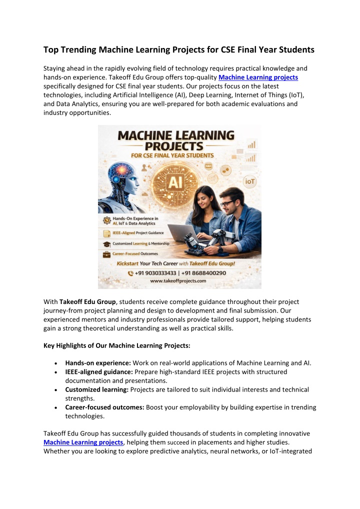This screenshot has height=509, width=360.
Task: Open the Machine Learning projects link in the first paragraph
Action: (x=258, y=77)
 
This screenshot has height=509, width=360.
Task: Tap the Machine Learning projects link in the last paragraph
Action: (x=83, y=442)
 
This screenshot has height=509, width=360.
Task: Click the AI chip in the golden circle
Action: (x=174, y=182)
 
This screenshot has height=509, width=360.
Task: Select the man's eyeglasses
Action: (x=228, y=203)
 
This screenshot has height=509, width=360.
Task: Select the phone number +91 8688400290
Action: (x=205, y=273)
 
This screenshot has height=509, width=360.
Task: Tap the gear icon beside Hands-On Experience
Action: (x=106, y=221)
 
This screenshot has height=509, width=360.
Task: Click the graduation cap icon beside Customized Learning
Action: (x=106, y=244)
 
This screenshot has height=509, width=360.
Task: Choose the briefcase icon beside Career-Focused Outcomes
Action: (x=106, y=253)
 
